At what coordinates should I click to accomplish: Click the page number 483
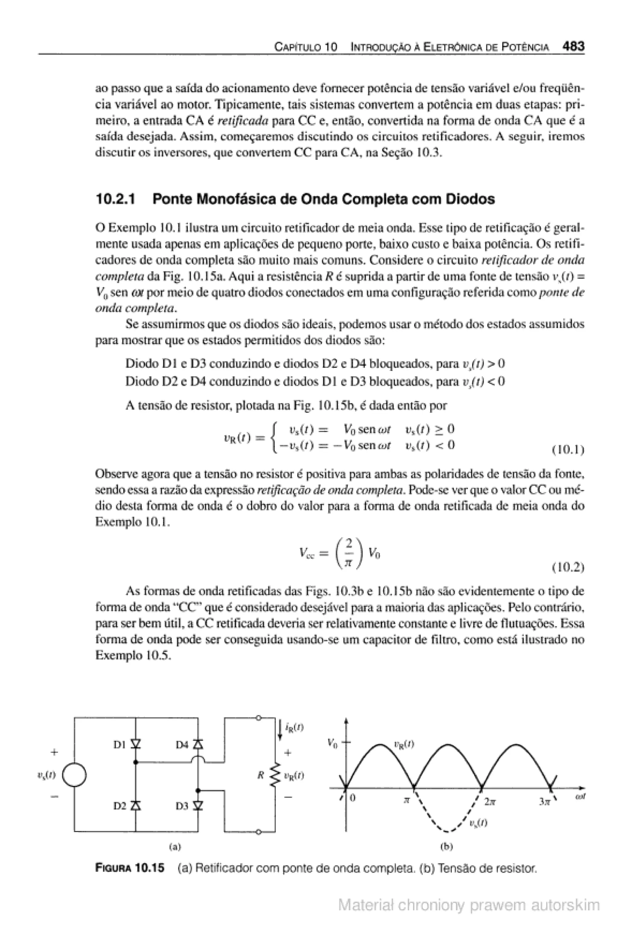(573, 47)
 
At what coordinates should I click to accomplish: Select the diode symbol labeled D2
(136, 806)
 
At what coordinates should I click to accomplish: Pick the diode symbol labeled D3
(198, 806)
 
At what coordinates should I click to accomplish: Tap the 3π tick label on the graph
(544, 800)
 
